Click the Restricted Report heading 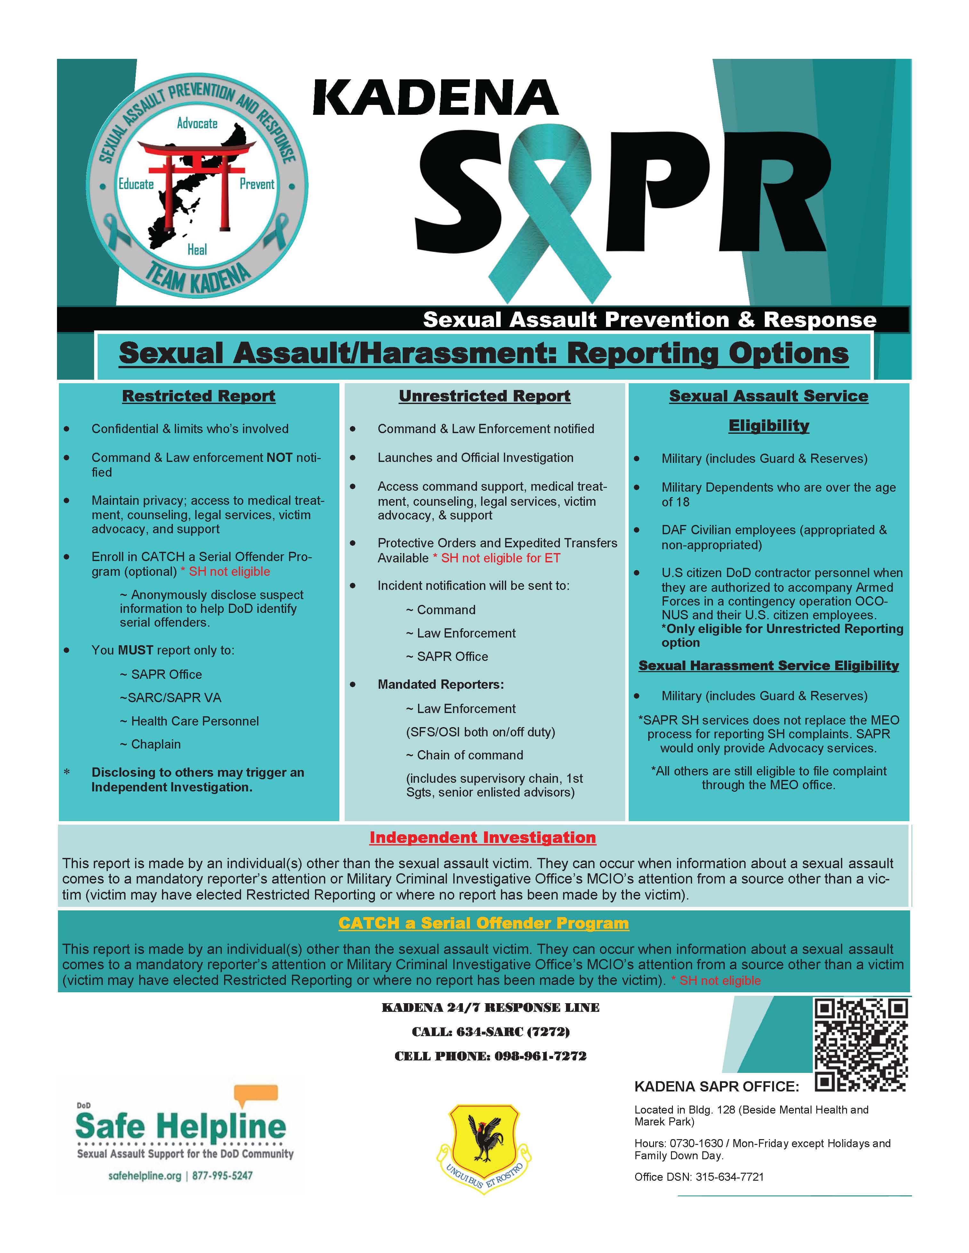[198, 396]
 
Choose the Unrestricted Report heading [485, 396]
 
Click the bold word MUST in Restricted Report [135, 650]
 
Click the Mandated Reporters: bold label [440, 685]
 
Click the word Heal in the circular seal [197, 250]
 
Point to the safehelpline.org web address [145, 1176]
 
